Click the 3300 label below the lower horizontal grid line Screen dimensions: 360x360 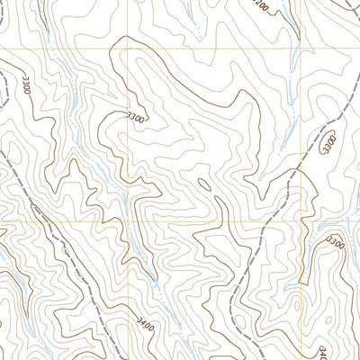click(336, 242)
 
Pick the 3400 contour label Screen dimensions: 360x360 click(145, 319)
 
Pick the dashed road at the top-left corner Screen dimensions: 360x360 click(4, 90)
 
